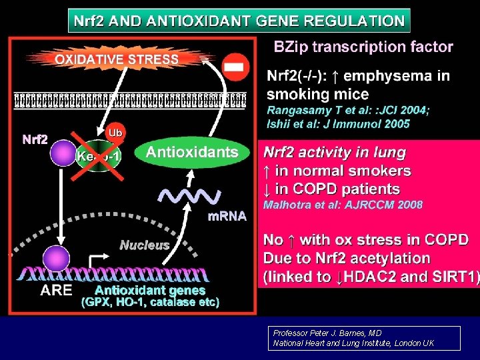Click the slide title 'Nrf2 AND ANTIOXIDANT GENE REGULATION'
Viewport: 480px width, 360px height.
tap(239, 20)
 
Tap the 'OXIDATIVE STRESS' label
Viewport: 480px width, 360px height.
tap(117, 59)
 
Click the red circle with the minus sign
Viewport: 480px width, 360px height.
tap(235, 67)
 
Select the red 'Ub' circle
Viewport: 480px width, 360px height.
tap(115, 133)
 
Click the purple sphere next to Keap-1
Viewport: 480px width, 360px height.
tap(63, 152)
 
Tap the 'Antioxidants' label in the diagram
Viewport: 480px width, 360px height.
tap(192, 152)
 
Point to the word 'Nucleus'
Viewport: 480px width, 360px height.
tap(144, 245)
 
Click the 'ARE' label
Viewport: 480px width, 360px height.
tap(56, 290)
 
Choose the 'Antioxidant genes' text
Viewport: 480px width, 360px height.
tap(150, 291)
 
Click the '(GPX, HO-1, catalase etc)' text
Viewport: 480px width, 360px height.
tap(150, 302)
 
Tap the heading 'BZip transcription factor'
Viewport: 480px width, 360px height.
tap(364, 47)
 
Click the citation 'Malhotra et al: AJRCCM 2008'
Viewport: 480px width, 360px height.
tap(343, 205)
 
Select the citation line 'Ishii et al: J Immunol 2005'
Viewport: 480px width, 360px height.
tap(338, 123)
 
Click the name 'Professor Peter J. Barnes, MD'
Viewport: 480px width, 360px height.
tap(327, 333)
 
